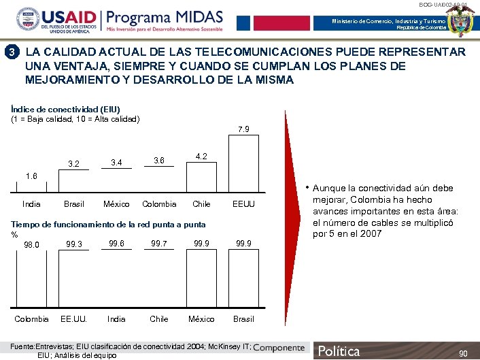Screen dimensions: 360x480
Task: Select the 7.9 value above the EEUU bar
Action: click(243, 129)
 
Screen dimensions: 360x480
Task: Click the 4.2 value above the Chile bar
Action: click(201, 156)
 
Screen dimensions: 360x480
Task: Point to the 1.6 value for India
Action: click(31, 176)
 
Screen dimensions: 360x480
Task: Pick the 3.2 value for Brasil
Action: click(73, 163)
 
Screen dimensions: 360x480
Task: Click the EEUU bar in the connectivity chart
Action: click(243, 163)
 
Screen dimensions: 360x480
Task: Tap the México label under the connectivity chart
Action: click(116, 203)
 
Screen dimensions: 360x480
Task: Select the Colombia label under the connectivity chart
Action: click(159, 203)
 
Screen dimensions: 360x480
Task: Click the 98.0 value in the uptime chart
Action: click(31, 245)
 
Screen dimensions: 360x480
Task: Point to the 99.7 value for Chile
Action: click(159, 243)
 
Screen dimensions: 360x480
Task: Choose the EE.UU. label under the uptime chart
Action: click(73, 318)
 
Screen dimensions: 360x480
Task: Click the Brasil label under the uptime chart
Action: click(243, 318)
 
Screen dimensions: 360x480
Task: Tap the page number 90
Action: click(463, 353)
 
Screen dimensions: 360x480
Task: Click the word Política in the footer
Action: click(339, 351)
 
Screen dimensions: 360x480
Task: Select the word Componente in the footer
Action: click(279, 348)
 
